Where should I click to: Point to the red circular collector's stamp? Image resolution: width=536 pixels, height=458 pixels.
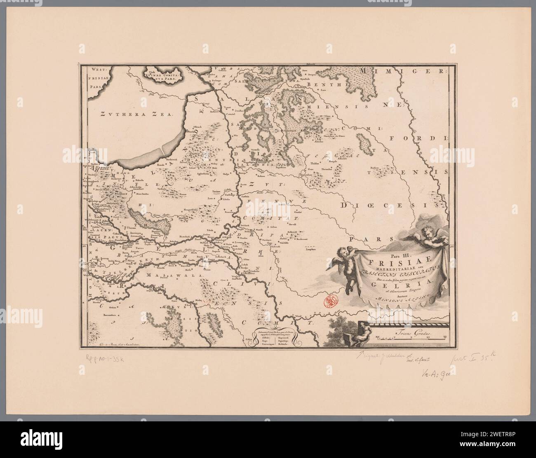pyautogui.click(x=330, y=301)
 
